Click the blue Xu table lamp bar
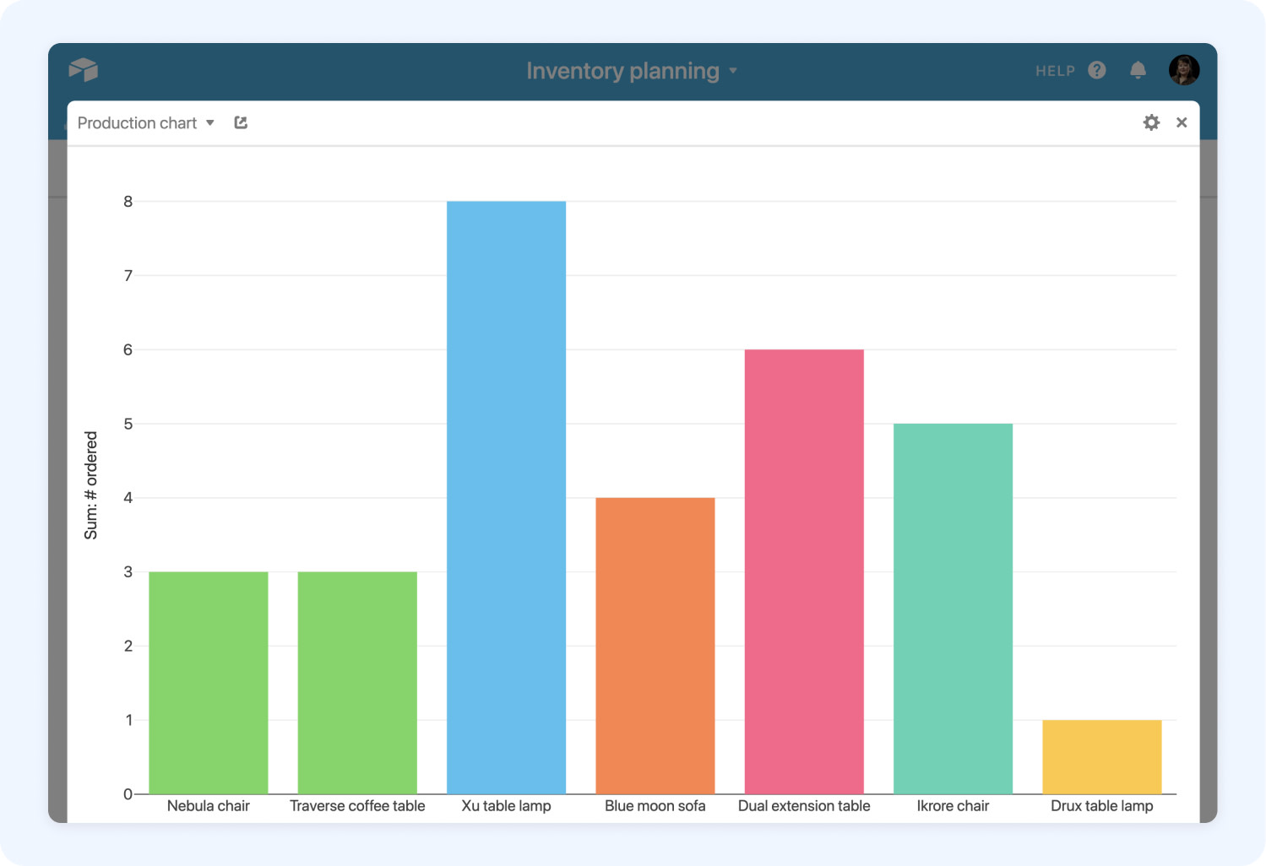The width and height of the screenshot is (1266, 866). [x=506, y=497]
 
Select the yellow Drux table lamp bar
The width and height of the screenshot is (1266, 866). [x=1101, y=757]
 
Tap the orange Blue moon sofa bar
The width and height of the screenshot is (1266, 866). [x=655, y=646]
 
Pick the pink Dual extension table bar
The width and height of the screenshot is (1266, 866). [x=803, y=571]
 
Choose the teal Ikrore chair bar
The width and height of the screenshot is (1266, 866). [x=953, y=609]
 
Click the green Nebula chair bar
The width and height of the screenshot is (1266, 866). [x=208, y=683]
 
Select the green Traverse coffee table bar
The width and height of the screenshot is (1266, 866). [x=357, y=683]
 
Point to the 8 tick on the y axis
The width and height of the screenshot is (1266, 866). [x=128, y=202]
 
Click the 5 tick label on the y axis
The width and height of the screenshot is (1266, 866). [x=128, y=424]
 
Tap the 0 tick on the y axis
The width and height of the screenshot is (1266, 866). [x=128, y=794]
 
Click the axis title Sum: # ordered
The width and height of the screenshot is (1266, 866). [x=90, y=485]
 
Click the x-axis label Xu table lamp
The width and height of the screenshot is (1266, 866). [x=506, y=806]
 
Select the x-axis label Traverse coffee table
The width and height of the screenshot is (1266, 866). [x=357, y=806]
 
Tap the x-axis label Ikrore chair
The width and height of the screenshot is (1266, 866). [x=953, y=806]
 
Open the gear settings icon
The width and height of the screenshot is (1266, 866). [x=1151, y=122]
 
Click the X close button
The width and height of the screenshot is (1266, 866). [x=1182, y=122]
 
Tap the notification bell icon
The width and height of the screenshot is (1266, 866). [x=1138, y=70]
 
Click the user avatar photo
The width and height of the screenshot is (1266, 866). [x=1184, y=70]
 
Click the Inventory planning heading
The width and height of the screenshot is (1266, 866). [x=623, y=71]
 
